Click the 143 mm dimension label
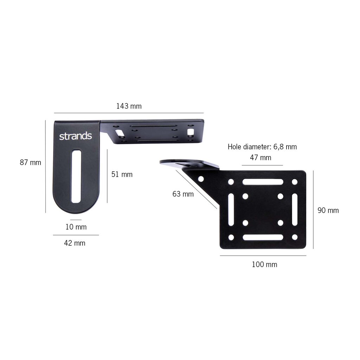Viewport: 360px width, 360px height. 129,106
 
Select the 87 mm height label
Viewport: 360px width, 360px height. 30,162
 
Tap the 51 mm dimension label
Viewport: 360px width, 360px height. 122,174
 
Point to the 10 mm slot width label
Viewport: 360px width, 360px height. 76,227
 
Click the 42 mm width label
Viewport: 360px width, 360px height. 75,243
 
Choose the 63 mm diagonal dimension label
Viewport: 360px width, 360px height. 183,194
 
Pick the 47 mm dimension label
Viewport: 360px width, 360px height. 261,157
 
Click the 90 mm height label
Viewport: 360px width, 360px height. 328,210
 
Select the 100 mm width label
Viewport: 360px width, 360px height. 264,264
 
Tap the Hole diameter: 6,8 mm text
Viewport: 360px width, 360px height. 262,147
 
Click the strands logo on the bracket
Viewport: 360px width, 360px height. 75,136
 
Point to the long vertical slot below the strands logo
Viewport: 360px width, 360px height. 76,176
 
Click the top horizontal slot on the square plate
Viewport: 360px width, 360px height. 263,182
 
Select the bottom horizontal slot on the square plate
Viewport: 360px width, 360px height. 263,237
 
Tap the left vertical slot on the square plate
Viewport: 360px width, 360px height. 231,210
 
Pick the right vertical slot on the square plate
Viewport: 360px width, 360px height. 295,210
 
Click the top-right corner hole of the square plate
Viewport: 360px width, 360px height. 295,182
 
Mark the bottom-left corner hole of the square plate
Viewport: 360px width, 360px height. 231,237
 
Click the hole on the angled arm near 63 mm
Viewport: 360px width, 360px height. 201,179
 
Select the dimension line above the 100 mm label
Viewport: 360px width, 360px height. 263,256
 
